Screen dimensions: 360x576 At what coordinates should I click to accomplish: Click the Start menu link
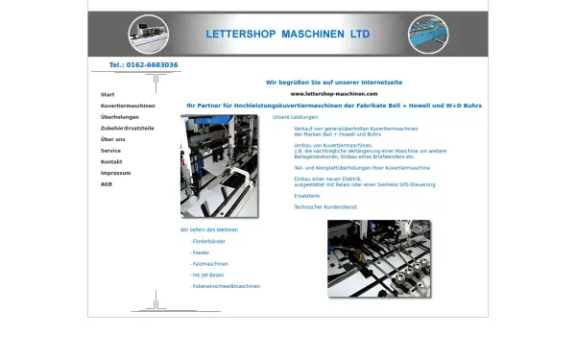[108, 95]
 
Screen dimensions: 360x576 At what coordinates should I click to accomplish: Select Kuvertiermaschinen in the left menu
[128, 106]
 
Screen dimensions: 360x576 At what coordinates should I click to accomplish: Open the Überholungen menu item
[120, 117]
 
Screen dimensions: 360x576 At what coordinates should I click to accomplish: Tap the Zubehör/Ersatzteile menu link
[128, 128]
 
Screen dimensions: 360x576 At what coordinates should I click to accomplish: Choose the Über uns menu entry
[112, 139]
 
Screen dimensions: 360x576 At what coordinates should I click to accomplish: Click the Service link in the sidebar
[110, 151]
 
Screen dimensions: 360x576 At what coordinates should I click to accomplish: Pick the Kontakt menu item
[111, 161]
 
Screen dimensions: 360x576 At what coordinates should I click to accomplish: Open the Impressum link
[115, 173]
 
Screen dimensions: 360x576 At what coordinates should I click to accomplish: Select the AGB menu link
[107, 183]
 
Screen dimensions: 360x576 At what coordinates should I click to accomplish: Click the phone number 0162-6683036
[143, 65]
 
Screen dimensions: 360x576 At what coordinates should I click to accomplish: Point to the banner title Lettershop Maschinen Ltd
[287, 34]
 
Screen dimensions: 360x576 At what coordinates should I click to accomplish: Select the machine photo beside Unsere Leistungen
[219, 165]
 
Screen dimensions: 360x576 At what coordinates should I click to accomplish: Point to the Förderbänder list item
[209, 241]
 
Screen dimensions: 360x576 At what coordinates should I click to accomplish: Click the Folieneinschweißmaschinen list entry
[226, 286]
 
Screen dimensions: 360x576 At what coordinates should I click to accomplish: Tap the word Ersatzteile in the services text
[307, 195]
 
